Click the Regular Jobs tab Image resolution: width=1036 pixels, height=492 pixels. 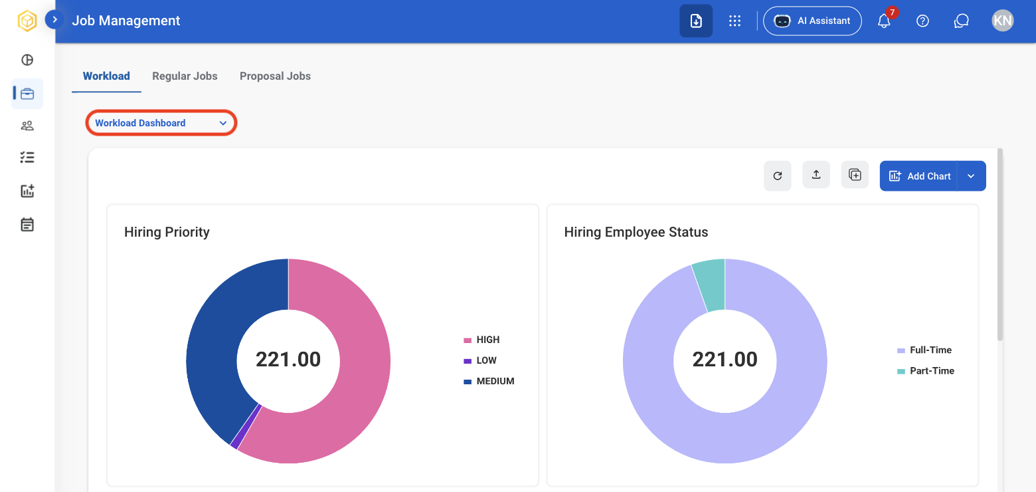click(x=185, y=76)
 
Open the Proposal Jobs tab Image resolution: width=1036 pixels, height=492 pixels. click(x=275, y=76)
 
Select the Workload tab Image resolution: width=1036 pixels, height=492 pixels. click(x=106, y=76)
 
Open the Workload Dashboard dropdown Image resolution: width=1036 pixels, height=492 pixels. click(x=161, y=122)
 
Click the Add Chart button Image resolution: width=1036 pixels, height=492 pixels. click(x=918, y=176)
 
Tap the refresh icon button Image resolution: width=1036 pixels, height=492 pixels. click(x=778, y=176)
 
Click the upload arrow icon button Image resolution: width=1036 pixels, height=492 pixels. click(x=816, y=175)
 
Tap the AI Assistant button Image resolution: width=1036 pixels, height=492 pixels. click(x=812, y=21)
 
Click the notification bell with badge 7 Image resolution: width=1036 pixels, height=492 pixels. click(x=885, y=21)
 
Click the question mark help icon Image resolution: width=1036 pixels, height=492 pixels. click(x=922, y=21)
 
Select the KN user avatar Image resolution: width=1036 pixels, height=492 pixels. click(x=1003, y=21)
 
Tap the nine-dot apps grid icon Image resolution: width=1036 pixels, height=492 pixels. click(x=735, y=21)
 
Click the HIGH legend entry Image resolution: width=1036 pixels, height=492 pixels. click(x=482, y=340)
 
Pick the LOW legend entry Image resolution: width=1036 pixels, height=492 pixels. click(x=480, y=360)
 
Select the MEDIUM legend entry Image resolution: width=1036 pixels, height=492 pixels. click(x=489, y=382)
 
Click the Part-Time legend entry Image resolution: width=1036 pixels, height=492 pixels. click(x=926, y=371)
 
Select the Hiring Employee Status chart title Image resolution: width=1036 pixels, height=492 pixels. click(x=636, y=232)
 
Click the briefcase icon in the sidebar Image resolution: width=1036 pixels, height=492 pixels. click(x=27, y=94)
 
